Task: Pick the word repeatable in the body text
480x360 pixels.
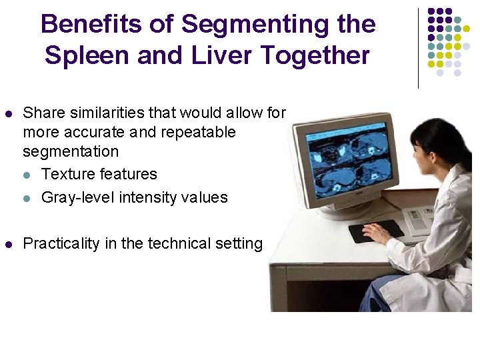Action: (x=201, y=132)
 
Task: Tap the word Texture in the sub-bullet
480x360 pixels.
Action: (x=67, y=175)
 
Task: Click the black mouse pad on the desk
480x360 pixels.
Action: (x=376, y=231)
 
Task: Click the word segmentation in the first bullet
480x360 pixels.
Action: (x=71, y=151)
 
